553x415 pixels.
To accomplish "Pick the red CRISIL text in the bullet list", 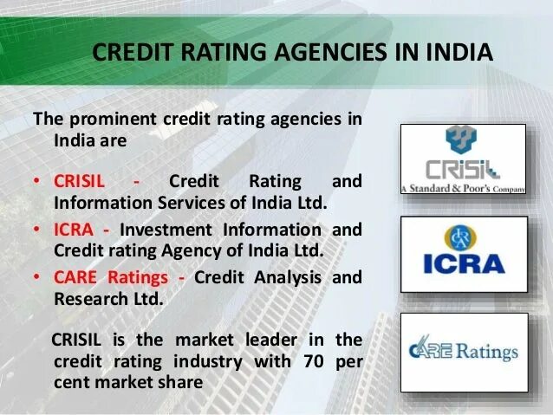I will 79,182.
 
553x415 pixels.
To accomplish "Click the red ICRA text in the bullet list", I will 74,230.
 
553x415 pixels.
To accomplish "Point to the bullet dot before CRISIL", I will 37,183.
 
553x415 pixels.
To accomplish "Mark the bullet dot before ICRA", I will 37,231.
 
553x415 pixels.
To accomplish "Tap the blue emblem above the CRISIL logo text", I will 461,139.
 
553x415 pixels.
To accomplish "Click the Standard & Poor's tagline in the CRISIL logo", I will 463,187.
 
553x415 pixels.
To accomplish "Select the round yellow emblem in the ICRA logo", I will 463,237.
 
